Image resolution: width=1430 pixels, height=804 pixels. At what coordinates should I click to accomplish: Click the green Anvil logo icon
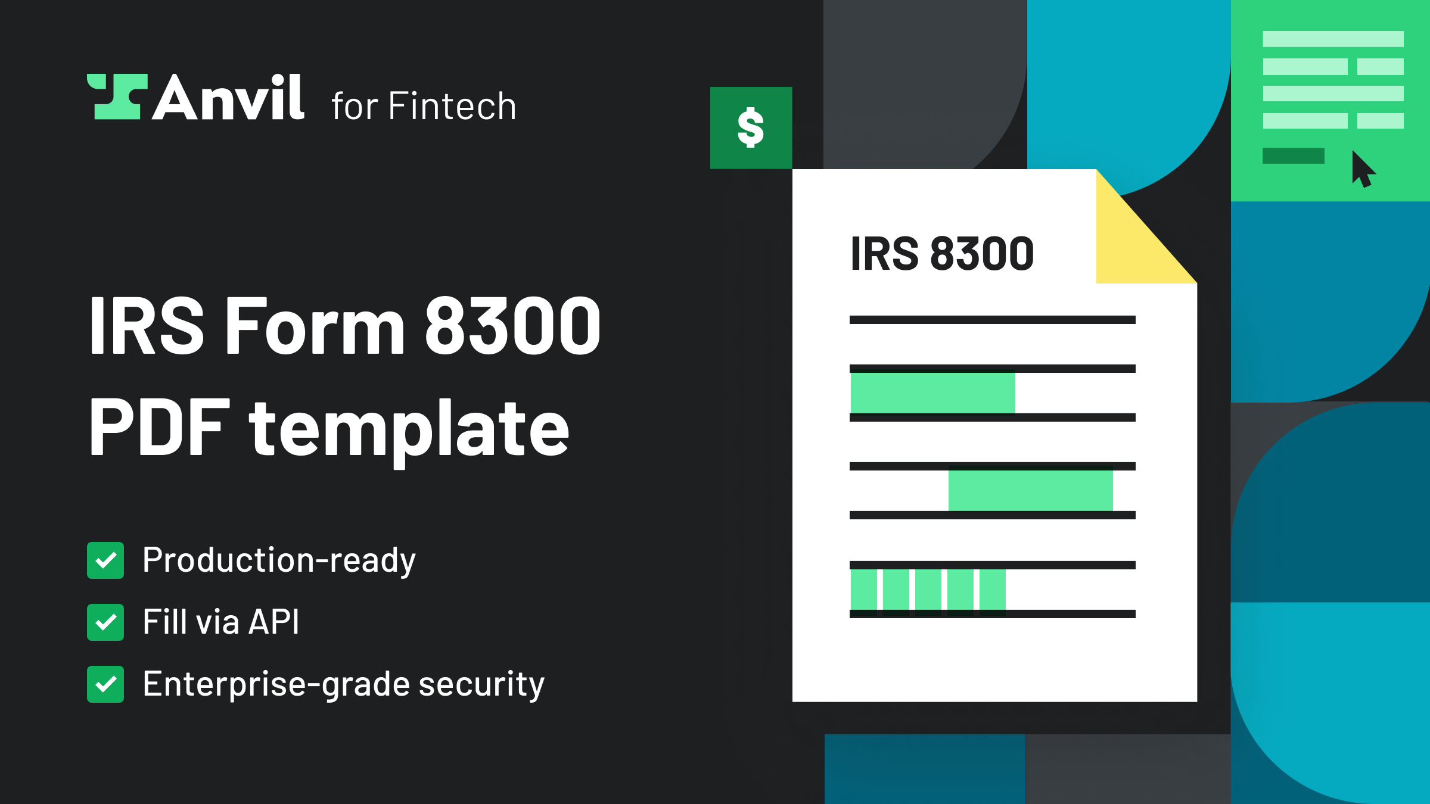[x=117, y=97]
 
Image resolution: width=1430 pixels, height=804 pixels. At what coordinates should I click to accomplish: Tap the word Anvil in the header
[x=229, y=98]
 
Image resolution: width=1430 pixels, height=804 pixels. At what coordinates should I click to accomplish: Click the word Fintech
[x=452, y=107]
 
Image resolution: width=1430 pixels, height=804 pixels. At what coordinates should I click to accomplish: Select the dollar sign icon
[x=751, y=128]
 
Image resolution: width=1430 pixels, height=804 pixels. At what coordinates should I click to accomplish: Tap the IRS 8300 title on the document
[x=942, y=254]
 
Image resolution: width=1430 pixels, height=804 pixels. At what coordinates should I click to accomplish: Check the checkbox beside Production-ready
[x=105, y=560]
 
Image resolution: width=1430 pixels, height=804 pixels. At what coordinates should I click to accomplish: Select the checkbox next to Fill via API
[x=105, y=622]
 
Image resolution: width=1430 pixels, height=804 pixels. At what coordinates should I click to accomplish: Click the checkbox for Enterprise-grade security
[x=105, y=684]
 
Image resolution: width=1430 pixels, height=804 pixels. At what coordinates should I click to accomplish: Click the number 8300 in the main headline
[x=512, y=326]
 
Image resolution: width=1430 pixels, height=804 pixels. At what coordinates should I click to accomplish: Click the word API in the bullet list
[x=273, y=622]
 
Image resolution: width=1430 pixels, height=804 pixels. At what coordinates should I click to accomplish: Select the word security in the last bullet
[x=481, y=684]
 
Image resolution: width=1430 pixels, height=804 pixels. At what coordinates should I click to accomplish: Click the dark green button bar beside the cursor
[x=1293, y=156]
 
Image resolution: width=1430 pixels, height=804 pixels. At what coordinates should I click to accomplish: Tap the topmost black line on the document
[x=992, y=320]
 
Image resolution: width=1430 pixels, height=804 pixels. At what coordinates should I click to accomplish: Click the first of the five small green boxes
[x=863, y=590]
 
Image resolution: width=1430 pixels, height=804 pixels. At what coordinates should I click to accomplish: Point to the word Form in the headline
[x=316, y=326]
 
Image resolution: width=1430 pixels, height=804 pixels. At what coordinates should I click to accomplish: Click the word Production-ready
[x=279, y=560]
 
